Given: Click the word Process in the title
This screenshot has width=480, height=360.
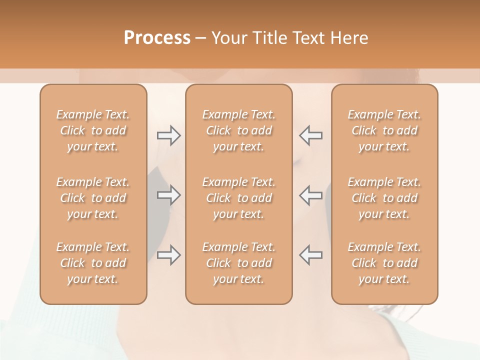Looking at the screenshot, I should (157, 38).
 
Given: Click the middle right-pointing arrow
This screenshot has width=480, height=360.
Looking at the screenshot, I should (168, 195).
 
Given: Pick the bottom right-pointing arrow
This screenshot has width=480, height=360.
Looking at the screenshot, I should (168, 255).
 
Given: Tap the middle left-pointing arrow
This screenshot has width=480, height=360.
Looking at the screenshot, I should (310, 195).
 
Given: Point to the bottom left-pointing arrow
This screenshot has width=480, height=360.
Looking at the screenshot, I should (310, 255).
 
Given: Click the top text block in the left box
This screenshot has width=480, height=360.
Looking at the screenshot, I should (93, 130).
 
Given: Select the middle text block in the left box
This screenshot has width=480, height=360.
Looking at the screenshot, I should (93, 198).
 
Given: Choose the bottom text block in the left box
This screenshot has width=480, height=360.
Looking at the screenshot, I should (93, 263).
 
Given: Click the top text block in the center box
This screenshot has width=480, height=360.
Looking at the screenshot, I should (239, 130).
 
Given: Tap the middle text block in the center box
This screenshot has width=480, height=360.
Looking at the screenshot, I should (239, 198).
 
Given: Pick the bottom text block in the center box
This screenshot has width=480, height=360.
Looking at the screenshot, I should (239, 263).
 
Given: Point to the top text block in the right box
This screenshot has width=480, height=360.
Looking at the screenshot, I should (384, 130).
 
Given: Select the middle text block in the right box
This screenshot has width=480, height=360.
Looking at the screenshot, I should (384, 198).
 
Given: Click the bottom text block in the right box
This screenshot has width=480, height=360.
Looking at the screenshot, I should (384, 263).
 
